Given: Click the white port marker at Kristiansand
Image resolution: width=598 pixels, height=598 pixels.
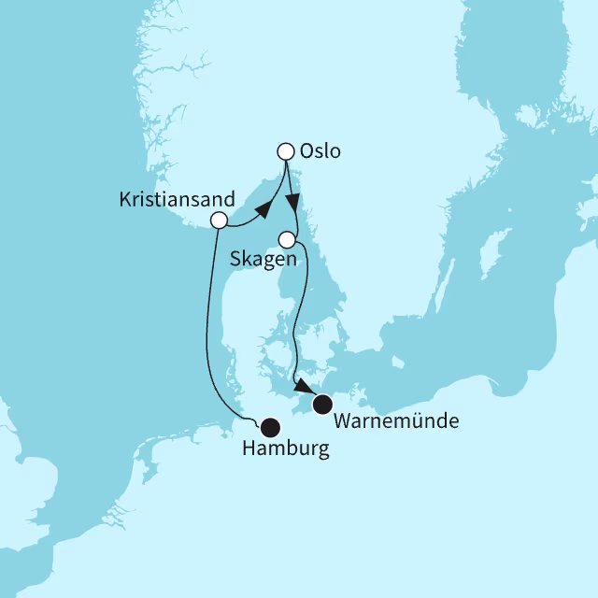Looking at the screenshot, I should click(219, 221).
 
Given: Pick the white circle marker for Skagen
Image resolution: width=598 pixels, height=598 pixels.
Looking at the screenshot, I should click(288, 240).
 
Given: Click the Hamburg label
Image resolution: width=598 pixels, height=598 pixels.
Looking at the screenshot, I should click(285, 449).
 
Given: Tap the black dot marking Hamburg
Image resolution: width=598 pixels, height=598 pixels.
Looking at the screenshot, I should click(270, 428).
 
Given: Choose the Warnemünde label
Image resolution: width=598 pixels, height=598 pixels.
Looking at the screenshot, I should click(396, 421).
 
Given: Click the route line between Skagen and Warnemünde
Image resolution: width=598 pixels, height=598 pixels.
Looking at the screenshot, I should click(294, 318).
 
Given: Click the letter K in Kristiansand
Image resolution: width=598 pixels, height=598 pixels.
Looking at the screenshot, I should click(126, 199).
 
